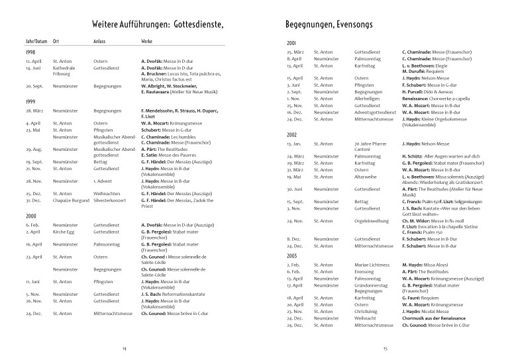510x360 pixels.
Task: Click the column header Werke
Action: point(147,42)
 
